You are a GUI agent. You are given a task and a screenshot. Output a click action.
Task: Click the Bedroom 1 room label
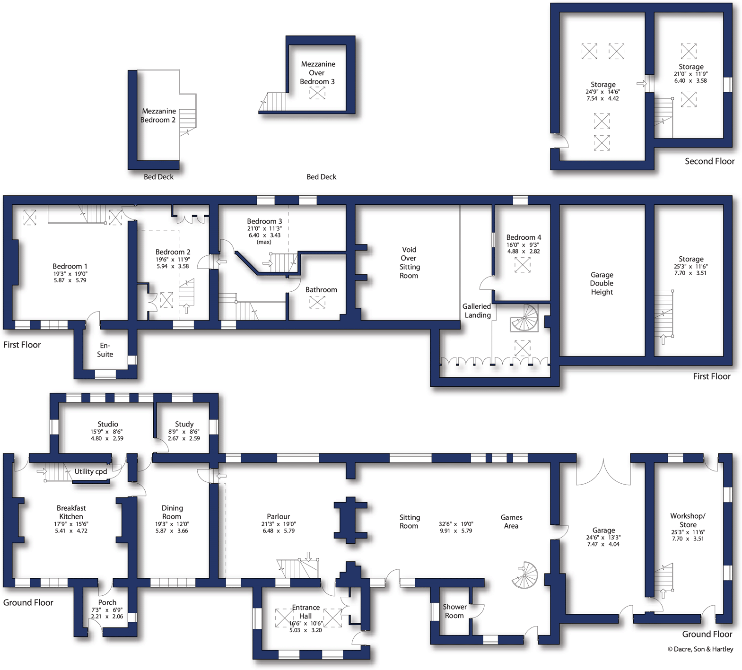tap(70, 266)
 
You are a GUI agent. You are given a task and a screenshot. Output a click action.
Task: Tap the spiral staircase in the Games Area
tap(525, 575)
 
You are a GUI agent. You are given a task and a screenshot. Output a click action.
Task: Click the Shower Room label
tap(454, 611)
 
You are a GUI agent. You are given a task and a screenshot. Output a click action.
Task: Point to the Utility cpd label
tap(91, 471)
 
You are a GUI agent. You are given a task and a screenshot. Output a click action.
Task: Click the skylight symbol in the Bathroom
tap(317, 302)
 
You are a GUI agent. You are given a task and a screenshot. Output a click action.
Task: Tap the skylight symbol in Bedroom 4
tap(522, 265)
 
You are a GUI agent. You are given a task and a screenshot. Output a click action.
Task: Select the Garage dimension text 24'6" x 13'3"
tap(603, 538)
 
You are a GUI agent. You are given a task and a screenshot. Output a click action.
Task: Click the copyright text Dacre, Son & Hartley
tap(700, 649)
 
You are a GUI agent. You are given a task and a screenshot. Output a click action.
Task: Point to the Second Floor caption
tap(709, 161)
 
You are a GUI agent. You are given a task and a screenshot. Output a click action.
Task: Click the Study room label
tap(184, 424)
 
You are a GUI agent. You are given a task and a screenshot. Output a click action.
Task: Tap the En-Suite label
tap(105, 350)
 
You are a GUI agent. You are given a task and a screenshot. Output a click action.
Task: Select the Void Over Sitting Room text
tap(409, 262)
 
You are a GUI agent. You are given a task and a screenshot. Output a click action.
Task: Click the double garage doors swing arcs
tap(603, 473)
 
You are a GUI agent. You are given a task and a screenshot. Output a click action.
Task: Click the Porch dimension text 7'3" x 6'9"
tap(107, 610)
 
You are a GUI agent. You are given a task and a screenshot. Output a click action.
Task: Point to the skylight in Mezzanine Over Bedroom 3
tap(317, 93)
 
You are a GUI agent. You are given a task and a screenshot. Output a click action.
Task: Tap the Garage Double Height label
tap(602, 283)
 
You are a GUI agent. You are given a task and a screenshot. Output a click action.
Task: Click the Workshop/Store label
tap(688, 520)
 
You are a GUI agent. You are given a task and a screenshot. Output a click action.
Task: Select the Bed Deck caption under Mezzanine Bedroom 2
tap(158, 177)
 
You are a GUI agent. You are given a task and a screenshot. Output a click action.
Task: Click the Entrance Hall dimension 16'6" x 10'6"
tap(306, 624)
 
